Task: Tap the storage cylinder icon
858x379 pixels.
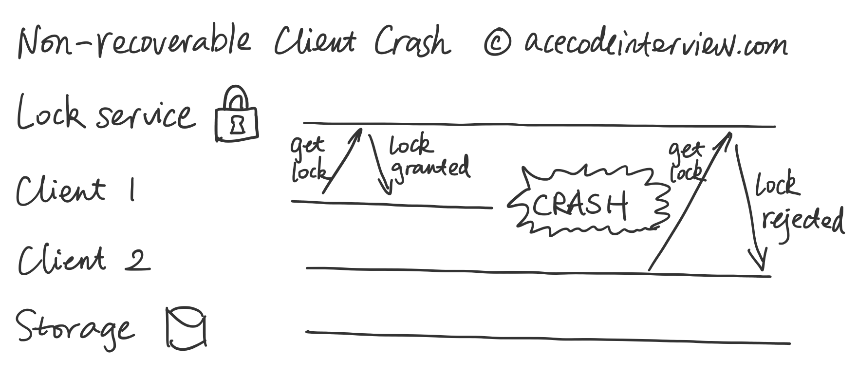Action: click(186, 328)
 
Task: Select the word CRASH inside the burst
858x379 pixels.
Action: click(579, 204)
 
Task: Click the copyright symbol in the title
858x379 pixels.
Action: click(497, 43)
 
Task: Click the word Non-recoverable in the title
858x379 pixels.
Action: click(134, 42)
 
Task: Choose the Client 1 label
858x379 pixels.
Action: click(75, 190)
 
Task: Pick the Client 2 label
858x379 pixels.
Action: click(83, 259)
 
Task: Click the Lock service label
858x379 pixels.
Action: click(105, 114)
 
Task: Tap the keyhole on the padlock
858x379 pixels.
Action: click(237, 125)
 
